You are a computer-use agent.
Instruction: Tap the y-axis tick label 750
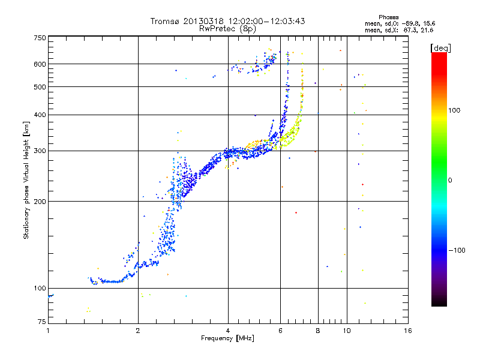point(40,38)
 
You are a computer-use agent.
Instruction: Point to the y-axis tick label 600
point(40,64)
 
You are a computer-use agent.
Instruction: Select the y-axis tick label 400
point(40,115)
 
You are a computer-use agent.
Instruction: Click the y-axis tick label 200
point(40,201)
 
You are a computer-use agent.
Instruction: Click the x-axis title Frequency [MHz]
point(228,339)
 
